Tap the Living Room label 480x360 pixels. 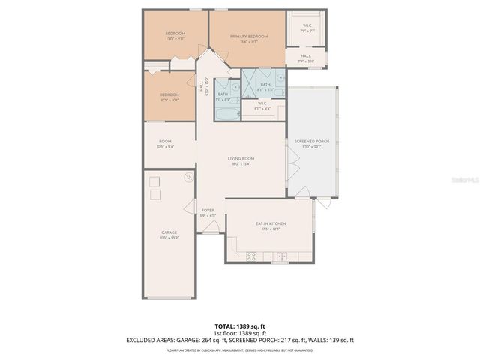(241, 158)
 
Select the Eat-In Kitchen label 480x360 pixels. (271, 223)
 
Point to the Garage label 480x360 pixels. (169, 232)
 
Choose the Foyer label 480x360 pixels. (208, 211)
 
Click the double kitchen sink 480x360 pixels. (283, 257)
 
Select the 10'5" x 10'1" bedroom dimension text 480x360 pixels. (169, 100)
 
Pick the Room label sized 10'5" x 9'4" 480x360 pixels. (166, 142)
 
